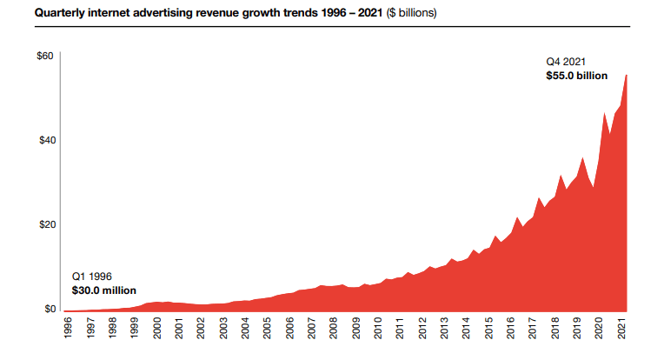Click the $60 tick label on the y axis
click(46, 57)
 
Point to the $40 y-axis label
click(46, 141)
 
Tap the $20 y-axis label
click(46, 225)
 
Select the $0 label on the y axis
click(49, 309)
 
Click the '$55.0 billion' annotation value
click(576, 77)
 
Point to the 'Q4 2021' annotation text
click(566, 62)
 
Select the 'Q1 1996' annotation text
click(91, 276)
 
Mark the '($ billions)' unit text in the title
click(413, 14)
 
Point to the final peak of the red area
click(627, 76)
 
